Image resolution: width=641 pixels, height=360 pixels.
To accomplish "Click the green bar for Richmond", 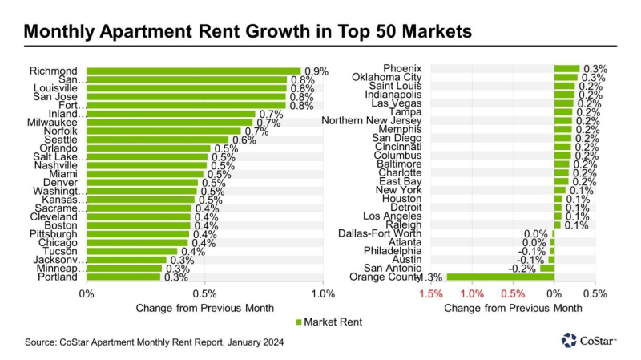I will (192, 71).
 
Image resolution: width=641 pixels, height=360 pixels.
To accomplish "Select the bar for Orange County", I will (499, 277).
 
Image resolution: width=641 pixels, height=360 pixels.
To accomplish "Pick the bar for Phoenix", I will (566, 68).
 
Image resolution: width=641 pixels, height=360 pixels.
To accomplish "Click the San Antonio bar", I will (546, 268).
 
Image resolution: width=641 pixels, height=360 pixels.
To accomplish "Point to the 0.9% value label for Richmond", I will (316, 71).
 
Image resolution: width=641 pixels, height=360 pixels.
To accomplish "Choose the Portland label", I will (58, 277).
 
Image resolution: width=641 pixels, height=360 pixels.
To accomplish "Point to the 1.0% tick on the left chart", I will (323, 293).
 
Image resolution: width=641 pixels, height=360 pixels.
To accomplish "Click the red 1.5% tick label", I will (430, 293).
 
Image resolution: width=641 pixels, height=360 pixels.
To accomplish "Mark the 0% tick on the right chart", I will (554, 293).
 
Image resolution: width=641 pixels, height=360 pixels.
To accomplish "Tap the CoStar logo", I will (589, 342).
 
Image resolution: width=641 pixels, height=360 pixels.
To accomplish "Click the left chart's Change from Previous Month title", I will (204, 307).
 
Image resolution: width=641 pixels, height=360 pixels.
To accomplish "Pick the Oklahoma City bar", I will (566, 78).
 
